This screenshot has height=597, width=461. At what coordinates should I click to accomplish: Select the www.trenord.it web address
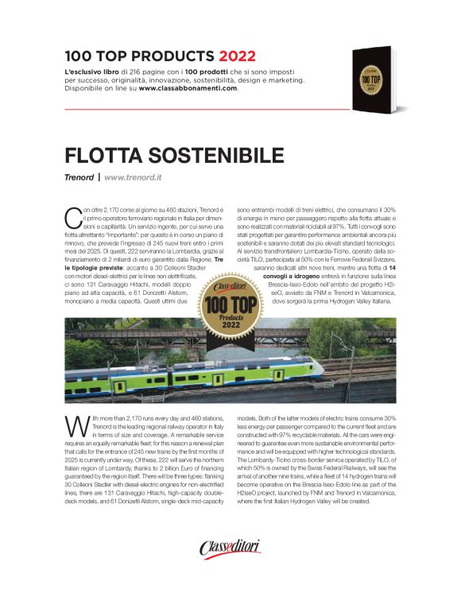[132, 176]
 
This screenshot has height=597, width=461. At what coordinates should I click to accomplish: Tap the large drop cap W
[74, 425]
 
